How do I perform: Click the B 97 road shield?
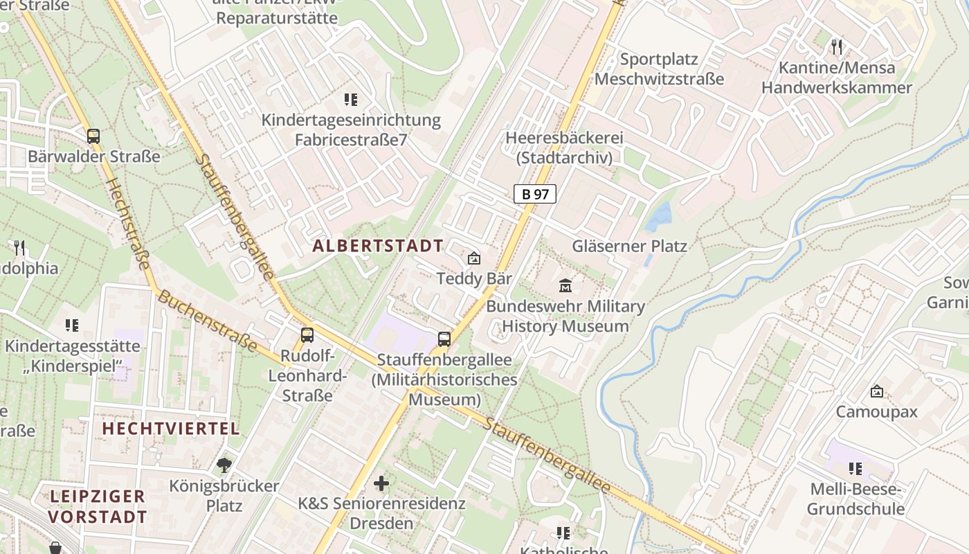point(534,194)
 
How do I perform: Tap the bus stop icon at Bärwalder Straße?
point(93,136)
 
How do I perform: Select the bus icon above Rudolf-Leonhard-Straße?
point(307,336)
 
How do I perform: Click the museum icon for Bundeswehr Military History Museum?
point(565,285)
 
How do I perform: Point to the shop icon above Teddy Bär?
point(474,258)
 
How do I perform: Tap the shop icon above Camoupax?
point(876,391)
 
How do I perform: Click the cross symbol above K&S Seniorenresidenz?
point(381,483)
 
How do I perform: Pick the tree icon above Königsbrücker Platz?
point(224,465)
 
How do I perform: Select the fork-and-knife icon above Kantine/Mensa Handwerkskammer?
point(837,47)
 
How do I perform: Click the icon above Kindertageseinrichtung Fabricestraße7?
point(350,100)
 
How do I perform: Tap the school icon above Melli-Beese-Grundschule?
point(855,469)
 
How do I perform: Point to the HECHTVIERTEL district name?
point(171,428)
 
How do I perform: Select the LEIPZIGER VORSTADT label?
point(98,506)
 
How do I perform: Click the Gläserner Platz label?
point(629,246)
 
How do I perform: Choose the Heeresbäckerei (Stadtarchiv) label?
point(564,148)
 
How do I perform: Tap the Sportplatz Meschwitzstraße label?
point(659,69)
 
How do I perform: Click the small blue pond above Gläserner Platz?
point(658,217)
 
